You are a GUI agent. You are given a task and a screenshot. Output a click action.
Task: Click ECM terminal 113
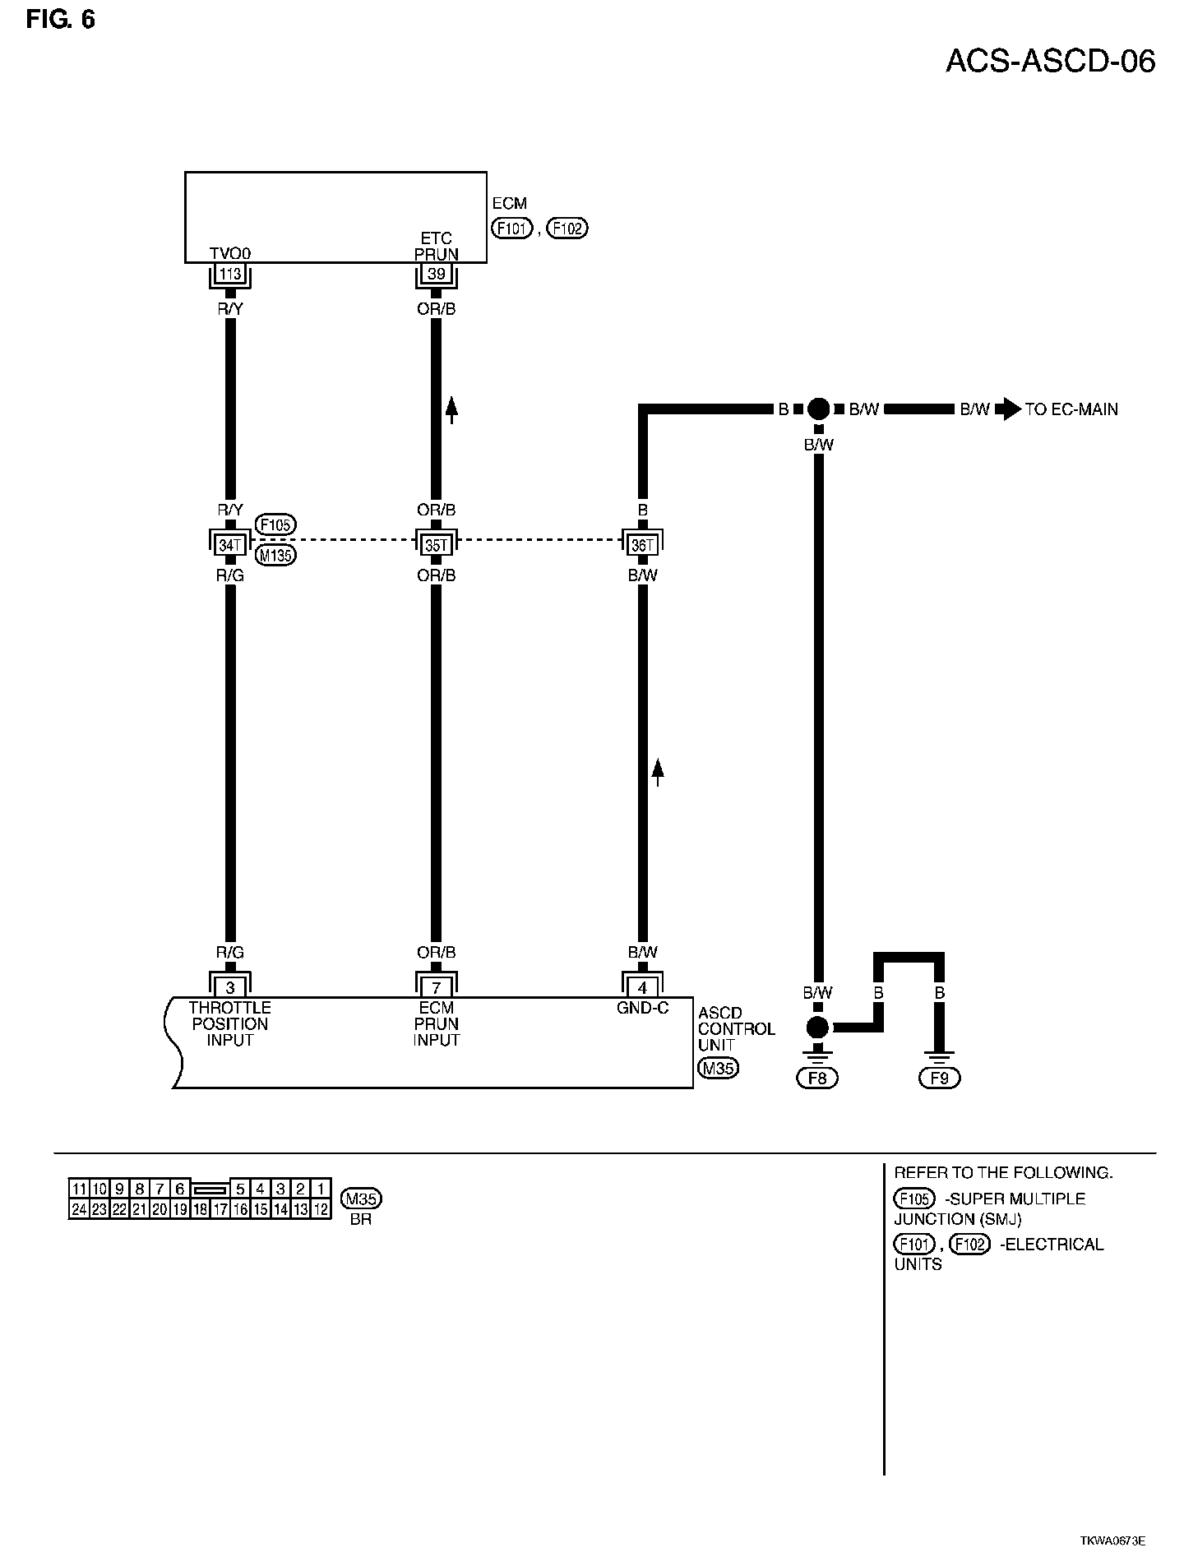pos(230,275)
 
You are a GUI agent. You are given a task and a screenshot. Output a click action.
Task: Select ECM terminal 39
pos(436,275)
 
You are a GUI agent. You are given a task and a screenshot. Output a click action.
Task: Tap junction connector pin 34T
pos(230,543)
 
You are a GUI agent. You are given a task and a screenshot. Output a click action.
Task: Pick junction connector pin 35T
pos(436,543)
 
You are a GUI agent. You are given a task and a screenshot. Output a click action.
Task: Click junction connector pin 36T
pos(643,543)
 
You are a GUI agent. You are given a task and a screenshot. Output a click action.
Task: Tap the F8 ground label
pos(817,1078)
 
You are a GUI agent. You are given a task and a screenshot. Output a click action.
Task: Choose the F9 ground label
pos(939,1078)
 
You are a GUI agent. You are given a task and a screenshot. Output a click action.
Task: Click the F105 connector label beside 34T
pos(275,524)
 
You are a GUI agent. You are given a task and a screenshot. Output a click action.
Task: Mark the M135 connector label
pos(275,556)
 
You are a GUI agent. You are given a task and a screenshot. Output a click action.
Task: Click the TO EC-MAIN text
pos(1071,409)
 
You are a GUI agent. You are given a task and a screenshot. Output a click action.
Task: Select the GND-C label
pos(643,1008)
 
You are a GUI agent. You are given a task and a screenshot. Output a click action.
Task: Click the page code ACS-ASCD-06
pos(1050,61)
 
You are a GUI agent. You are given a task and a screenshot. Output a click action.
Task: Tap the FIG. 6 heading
pos(60,19)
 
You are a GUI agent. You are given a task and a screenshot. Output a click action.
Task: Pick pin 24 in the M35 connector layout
pos(79,1209)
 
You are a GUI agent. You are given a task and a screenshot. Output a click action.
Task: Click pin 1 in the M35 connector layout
pos(321,1189)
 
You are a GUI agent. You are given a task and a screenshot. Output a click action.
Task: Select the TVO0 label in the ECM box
pos(229,254)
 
